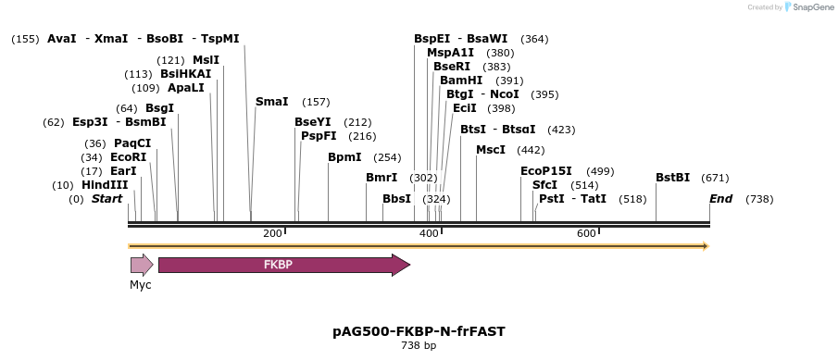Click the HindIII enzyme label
pyautogui.click(x=105, y=185)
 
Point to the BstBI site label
pyautogui.click(x=672, y=178)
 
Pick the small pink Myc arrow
pyautogui.click(x=142, y=266)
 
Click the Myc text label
pyautogui.click(x=141, y=285)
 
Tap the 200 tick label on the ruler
pyautogui.click(x=272, y=233)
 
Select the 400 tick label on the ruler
pyautogui.click(x=429, y=233)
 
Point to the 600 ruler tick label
pyautogui.click(x=586, y=233)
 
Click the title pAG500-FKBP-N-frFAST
pyautogui.click(x=419, y=330)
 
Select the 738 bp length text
pyautogui.click(x=419, y=346)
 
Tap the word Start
pyautogui.click(x=106, y=199)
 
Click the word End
pyautogui.click(x=720, y=199)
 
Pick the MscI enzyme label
pyautogui.click(x=491, y=150)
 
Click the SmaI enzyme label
pyautogui.click(x=271, y=102)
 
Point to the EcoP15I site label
pyautogui.click(x=546, y=171)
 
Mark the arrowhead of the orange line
pyautogui.click(x=706, y=246)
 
